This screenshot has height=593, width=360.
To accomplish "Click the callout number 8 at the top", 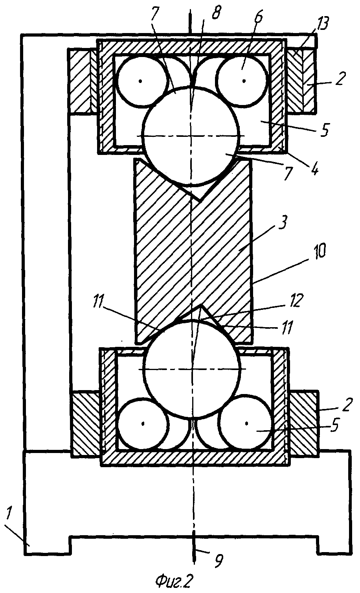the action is click(x=217, y=13).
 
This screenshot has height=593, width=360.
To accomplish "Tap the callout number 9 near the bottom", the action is click(x=219, y=560).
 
